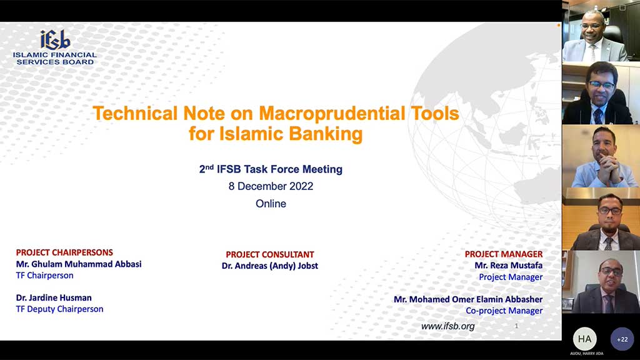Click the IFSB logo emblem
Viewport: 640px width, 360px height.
(x=55, y=39)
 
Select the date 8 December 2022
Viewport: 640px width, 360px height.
(x=271, y=186)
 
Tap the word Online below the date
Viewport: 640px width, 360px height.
(x=271, y=204)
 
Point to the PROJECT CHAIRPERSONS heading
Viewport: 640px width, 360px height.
(x=64, y=252)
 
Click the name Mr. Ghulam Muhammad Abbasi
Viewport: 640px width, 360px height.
(x=79, y=264)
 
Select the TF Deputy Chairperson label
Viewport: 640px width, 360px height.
(x=59, y=309)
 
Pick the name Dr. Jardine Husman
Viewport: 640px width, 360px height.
(x=54, y=297)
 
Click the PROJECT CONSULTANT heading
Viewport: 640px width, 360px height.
(x=270, y=254)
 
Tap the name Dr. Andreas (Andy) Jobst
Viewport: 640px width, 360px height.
(x=270, y=266)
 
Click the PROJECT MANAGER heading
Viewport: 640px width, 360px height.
(x=504, y=254)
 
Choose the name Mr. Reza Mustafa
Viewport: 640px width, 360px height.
(x=509, y=265)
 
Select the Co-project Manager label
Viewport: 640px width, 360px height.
(x=504, y=311)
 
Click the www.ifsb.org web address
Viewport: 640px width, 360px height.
(x=447, y=326)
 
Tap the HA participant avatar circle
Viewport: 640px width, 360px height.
(x=584, y=339)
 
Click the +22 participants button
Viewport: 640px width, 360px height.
(x=622, y=339)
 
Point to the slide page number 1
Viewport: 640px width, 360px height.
(x=516, y=326)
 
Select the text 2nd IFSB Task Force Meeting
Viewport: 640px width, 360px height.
(x=271, y=169)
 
